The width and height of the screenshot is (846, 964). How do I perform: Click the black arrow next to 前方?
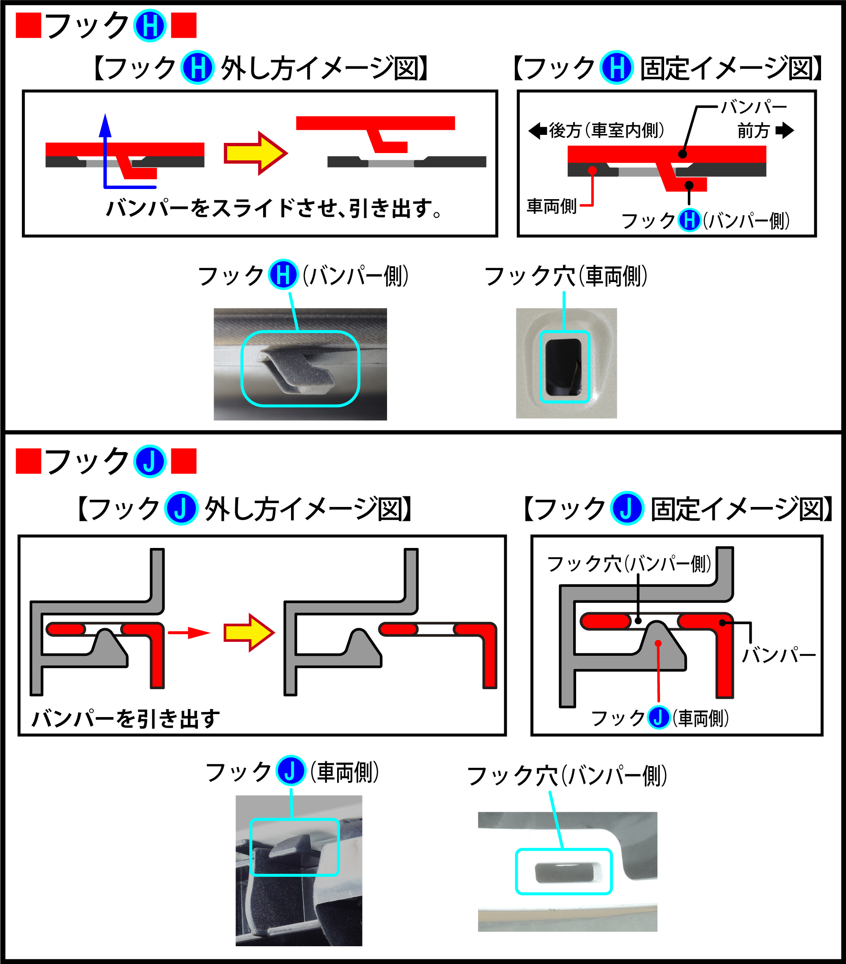tap(785, 130)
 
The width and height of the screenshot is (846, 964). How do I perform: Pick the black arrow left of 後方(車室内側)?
tap(537, 131)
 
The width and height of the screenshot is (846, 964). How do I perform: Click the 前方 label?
tap(753, 131)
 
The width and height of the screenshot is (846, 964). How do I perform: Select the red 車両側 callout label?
tap(552, 206)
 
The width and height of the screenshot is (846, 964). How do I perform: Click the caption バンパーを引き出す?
tap(126, 719)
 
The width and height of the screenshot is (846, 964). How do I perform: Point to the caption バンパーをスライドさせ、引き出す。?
tap(274, 208)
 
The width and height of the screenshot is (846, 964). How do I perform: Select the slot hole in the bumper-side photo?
tap(564, 873)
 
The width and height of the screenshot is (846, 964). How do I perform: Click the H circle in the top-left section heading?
tap(150, 25)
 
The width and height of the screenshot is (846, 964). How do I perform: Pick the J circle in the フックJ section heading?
tap(150, 461)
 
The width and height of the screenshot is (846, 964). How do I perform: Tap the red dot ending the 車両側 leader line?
tap(593, 170)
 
